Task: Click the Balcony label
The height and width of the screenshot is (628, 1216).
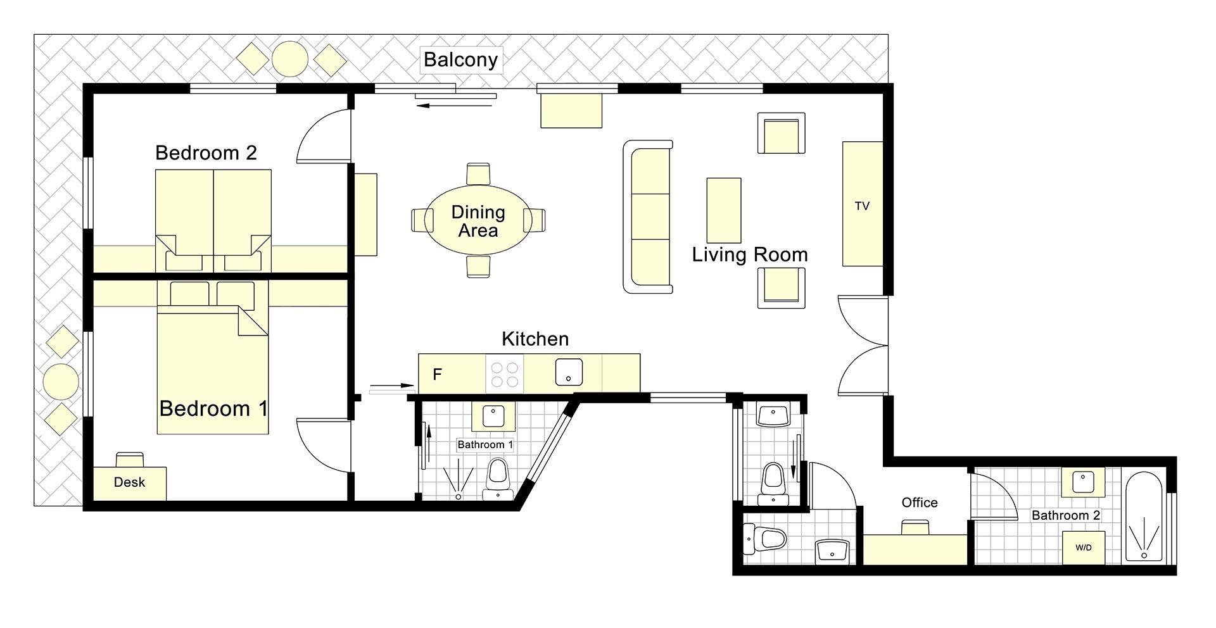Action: [x=460, y=60]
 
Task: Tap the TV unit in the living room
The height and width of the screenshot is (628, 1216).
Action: [x=863, y=204]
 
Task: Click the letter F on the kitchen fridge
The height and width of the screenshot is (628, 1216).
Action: [x=437, y=374]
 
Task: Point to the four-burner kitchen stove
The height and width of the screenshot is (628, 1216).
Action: [x=505, y=374]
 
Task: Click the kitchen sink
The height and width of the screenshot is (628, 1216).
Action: [x=569, y=372]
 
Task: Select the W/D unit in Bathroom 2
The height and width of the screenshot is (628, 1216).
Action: [x=1084, y=548]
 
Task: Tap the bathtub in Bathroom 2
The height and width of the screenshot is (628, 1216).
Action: [x=1144, y=517]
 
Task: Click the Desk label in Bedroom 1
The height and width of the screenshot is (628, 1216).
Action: [x=129, y=482]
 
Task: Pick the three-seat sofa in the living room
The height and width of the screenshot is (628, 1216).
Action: [x=648, y=217]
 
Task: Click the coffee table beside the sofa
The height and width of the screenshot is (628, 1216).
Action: [x=724, y=210]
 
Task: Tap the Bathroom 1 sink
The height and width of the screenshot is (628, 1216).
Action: [x=493, y=417]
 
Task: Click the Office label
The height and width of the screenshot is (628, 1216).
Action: [x=920, y=503]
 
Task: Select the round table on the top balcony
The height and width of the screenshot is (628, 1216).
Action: [x=290, y=59]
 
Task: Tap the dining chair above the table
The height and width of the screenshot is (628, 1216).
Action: [x=478, y=173]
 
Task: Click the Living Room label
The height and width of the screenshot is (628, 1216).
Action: [x=750, y=255]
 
